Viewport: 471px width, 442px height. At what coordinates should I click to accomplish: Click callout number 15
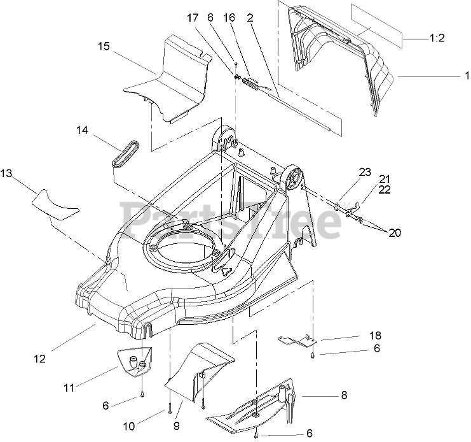[x=104, y=46]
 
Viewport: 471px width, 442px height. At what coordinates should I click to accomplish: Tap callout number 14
[x=82, y=131]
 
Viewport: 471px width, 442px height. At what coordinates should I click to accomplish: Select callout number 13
[x=6, y=173]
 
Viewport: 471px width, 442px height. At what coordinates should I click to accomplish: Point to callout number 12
[x=39, y=359]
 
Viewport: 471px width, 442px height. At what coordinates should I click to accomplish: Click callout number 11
[x=69, y=387]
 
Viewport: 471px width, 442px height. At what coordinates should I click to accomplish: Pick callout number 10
[x=129, y=426]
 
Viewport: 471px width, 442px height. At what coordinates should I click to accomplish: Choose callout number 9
[x=176, y=425]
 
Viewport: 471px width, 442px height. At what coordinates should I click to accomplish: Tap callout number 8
[x=345, y=395]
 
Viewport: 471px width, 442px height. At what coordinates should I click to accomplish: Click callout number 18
[x=375, y=335]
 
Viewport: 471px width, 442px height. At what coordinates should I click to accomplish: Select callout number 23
[x=365, y=172]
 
